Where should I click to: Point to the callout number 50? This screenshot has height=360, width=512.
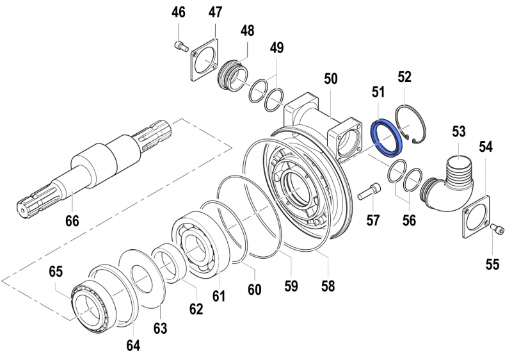[x=330, y=79]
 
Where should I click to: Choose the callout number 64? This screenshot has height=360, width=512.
[x=132, y=345]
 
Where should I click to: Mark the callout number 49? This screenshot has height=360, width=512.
[x=276, y=47]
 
